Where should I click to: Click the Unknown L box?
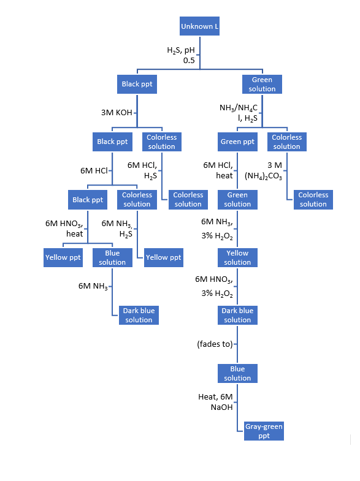(199, 27)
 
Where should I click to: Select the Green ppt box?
(237, 142)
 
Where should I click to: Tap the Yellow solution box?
(237, 257)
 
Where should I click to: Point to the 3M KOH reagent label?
(117, 113)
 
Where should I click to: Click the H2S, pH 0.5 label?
(181, 55)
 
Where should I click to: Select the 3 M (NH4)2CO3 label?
(264, 170)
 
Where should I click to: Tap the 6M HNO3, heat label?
(65, 229)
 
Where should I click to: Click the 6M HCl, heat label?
(218, 170)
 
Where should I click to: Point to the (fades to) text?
(215, 344)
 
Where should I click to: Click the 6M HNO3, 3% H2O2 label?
(214, 286)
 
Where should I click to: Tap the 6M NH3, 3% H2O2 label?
(216, 229)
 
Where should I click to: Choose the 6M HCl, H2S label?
(142, 170)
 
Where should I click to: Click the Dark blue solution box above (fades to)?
(237, 315)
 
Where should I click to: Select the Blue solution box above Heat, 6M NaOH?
(237, 373)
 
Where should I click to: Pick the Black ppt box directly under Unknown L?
(137, 84)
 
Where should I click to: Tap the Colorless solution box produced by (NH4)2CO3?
(313, 199)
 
